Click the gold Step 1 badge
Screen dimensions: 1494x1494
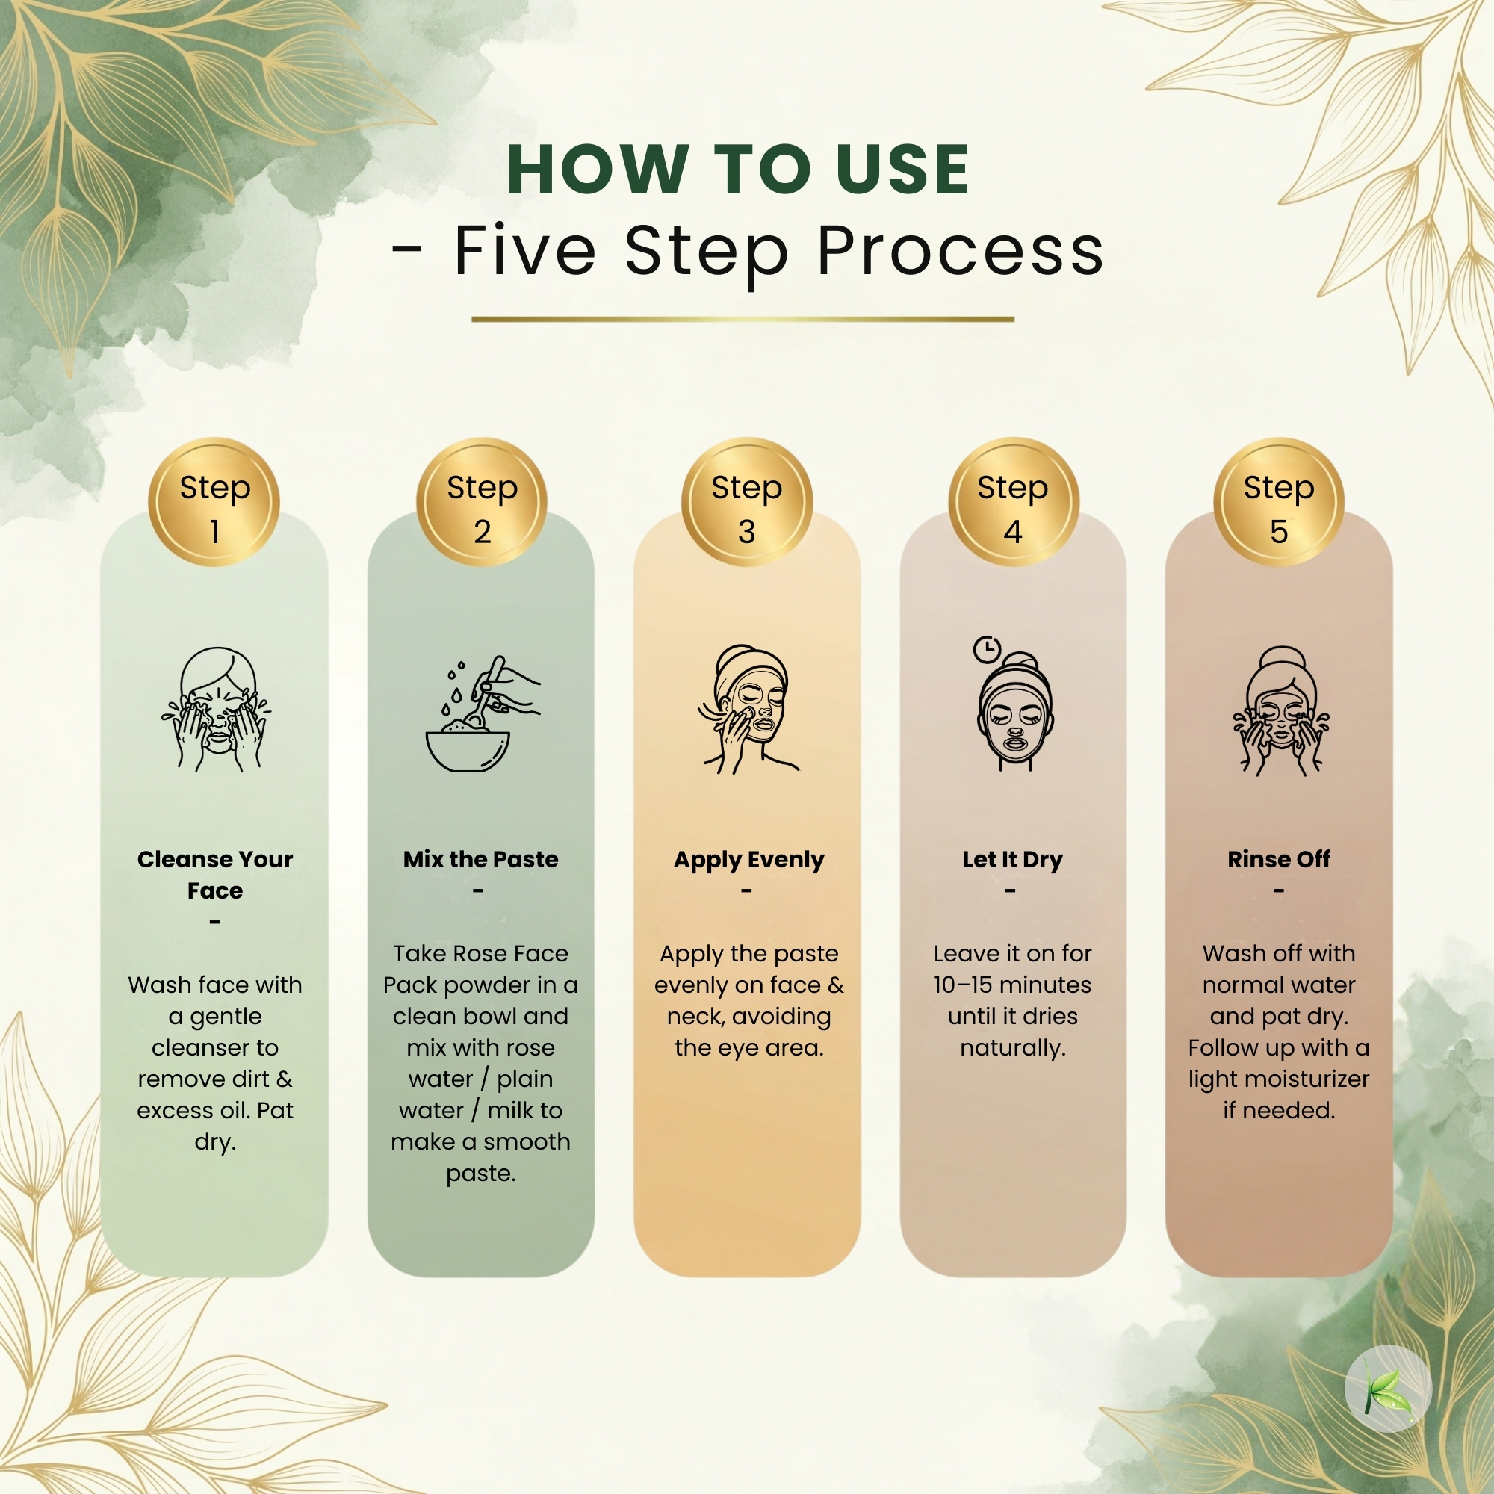click(x=214, y=503)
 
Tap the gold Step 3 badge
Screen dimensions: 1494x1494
click(x=747, y=503)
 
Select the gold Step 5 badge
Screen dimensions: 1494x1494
click(x=1279, y=503)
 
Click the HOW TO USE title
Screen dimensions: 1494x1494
click(x=739, y=170)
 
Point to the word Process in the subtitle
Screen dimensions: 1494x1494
click(x=961, y=251)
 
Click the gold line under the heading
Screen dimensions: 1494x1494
click(x=743, y=319)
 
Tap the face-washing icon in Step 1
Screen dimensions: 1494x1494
click(x=217, y=709)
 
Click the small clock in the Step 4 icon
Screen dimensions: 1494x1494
click(x=987, y=650)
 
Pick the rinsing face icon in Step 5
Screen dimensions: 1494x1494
click(x=1281, y=711)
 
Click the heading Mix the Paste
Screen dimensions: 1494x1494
click(x=480, y=859)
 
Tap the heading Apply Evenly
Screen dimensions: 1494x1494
click(x=748, y=860)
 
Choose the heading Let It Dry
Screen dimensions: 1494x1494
click(x=1012, y=860)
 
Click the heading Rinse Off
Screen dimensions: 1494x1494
click(x=1279, y=859)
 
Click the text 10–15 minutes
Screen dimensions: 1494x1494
click(x=1012, y=985)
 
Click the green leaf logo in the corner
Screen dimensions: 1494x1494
click(x=1388, y=1388)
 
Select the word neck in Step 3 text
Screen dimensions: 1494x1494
click(x=695, y=1017)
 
